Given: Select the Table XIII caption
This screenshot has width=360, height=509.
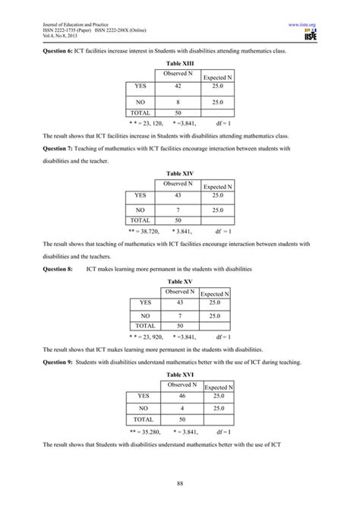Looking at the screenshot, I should pos(179,63).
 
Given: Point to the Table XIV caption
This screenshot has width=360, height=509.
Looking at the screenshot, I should pos(179,174).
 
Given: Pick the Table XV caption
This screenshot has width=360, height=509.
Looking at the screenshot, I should pos(179,281).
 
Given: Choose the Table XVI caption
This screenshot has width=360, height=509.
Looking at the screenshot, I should pos(179,375).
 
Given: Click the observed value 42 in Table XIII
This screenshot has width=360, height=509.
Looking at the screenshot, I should pos(178,87).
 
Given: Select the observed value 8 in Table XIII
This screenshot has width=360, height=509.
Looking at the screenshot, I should pos(178,101).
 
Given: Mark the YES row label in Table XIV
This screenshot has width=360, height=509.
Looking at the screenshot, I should pos(140,194).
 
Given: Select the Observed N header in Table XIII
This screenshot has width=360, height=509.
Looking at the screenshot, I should pos(178,73).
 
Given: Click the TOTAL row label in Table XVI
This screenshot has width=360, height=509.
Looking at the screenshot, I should pos(143,419).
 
